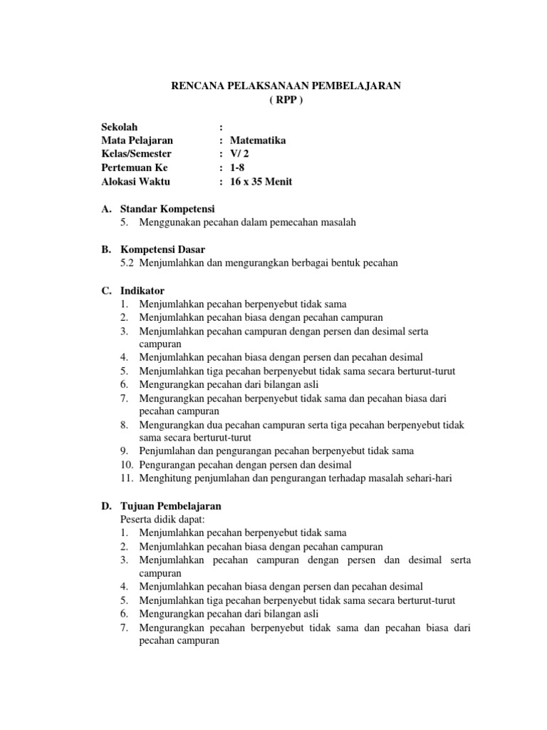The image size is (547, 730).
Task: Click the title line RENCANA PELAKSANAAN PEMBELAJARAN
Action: [286, 86]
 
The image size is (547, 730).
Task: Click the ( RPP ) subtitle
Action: [286, 99]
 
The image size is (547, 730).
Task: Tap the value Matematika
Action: [258, 140]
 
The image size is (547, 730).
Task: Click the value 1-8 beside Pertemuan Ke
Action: [237, 168]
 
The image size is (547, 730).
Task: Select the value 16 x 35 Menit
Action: [261, 181]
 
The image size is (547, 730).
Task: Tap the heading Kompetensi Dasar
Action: [162, 250]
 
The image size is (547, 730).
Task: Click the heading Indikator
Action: [142, 290]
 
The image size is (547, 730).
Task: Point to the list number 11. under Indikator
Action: [127, 478]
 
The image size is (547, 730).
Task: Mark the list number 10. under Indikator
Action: [127, 465]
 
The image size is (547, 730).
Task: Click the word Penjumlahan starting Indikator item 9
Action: [168, 451]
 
